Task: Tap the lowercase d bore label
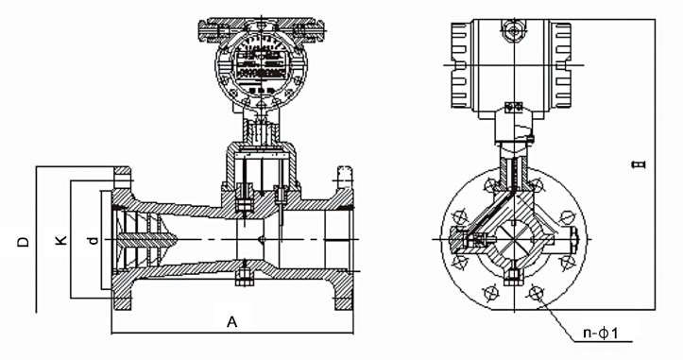click(x=93, y=243)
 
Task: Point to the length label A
click(x=231, y=322)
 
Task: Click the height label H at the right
click(x=640, y=166)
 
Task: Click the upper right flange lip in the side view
click(x=344, y=177)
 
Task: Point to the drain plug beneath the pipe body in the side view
click(x=242, y=279)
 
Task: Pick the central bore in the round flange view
click(x=511, y=241)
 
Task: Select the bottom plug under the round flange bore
click(x=511, y=277)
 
